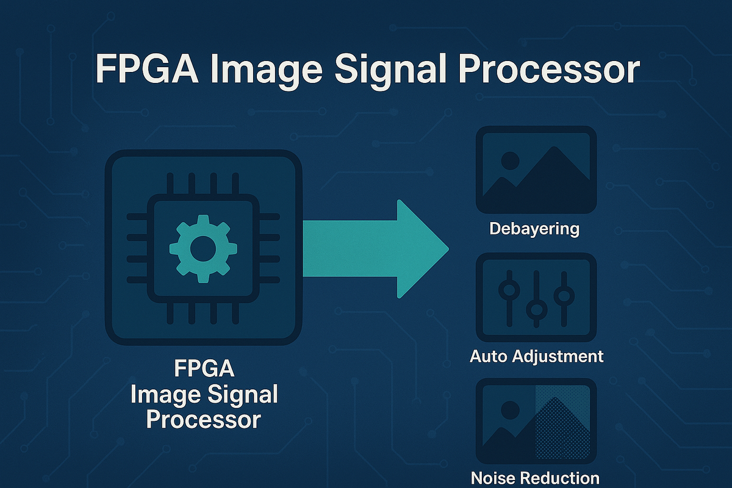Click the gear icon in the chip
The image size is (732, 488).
[x=199, y=248]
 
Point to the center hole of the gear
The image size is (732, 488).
[x=199, y=248]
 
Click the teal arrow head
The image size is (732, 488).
[x=421, y=248]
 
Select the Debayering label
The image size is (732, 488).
[x=534, y=229]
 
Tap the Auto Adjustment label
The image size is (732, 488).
[x=537, y=356]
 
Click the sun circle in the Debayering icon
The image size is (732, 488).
[x=510, y=160]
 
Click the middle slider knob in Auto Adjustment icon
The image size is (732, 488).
[x=536, y=309]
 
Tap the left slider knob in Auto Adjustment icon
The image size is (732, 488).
[x=508, y=289]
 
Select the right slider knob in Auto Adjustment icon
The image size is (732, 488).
[x=564, y=296]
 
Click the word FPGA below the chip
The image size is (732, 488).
[x=204, y=370]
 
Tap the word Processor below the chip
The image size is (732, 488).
[x=204, y=420]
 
